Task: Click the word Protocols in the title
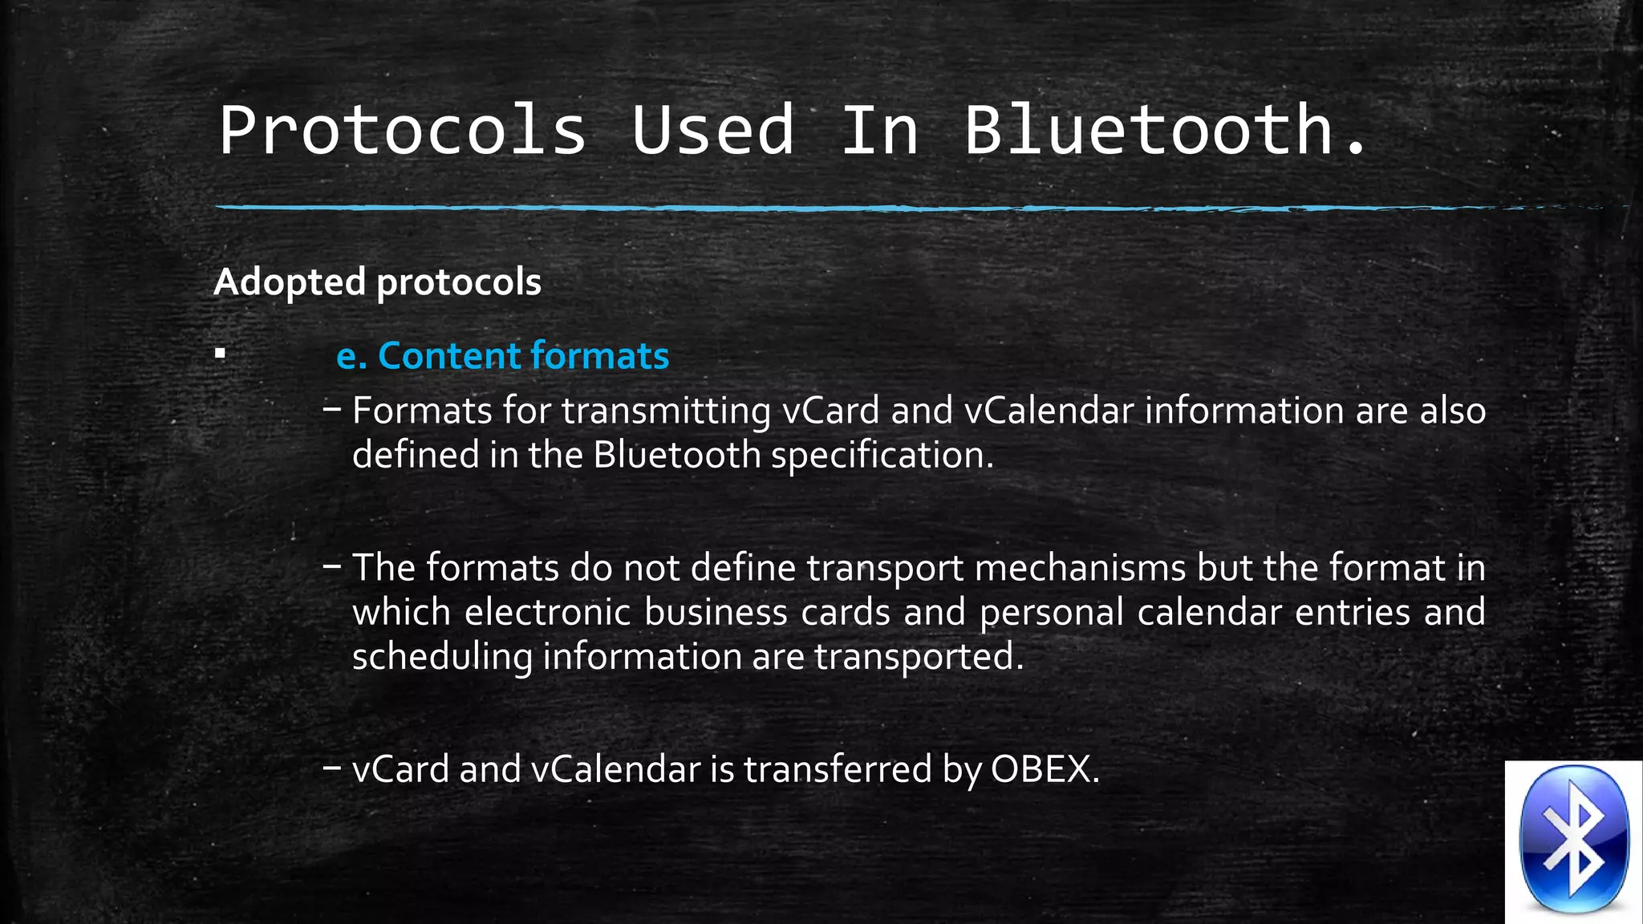[x=403, y=130]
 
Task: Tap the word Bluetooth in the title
[x=1149, y=130]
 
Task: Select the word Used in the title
[x=712, y=130]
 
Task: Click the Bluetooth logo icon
[x=1574, y=841]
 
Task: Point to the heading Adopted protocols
[x=377, y=282]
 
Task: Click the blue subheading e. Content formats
[x=502, y=355]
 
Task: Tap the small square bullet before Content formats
[x=221, y=353]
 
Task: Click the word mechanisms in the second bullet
[x=1080, y=568]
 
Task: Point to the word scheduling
[x=442, y=657]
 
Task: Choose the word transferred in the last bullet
[x=838, y=769]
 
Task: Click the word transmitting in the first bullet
[x=666, y=411]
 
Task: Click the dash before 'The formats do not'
[x=331, y=566]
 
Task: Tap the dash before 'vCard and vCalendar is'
[x=331, y=768]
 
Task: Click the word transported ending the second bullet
[x=915, y=657]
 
